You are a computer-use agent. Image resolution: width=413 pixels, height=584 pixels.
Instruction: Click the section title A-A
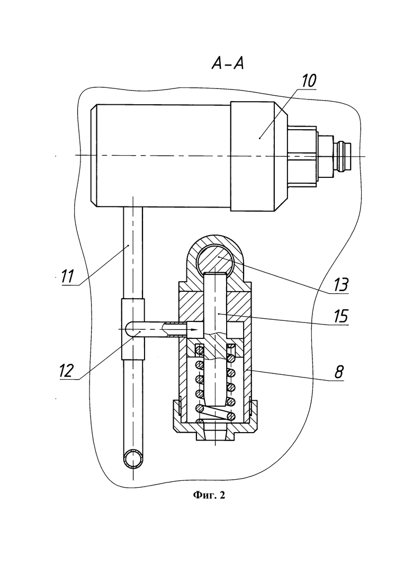click(x=228, y=64)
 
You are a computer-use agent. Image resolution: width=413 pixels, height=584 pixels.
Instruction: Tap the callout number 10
click(x=308, y=81)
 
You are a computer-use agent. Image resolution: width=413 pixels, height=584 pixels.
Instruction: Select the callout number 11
click(x=68, y=276)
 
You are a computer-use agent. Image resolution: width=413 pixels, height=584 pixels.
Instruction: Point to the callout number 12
click(x=66, y=371)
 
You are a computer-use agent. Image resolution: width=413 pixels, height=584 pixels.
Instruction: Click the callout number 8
click(x=338, y=372)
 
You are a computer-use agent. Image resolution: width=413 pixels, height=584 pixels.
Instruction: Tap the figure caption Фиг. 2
click(x=209, y=495)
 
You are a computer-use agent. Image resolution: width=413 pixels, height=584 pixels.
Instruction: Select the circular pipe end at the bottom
click(x=133, y=459)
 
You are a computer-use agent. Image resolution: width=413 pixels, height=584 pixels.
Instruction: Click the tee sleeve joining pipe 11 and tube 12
click(x=133, y=329)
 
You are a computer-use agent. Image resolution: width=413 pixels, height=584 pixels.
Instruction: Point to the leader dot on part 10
click(x=259, y=138)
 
